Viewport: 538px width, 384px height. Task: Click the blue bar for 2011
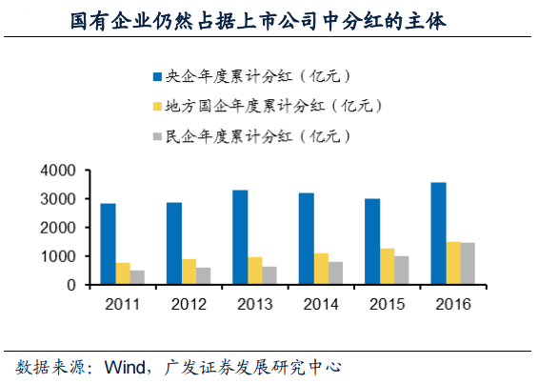tap(108, 244)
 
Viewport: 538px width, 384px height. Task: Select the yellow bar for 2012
tap(189, 272)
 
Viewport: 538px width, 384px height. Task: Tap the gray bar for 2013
tap(270, 274)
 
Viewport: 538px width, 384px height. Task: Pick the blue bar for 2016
tap(438, 233)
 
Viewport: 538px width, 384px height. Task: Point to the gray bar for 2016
tap(468, 264)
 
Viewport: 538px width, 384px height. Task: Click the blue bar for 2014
tap(307, 238)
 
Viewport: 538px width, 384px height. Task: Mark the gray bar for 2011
tap(138, 277)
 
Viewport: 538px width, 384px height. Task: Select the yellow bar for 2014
tap(322, 269)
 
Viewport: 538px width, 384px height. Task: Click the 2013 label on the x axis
tap(254, 306)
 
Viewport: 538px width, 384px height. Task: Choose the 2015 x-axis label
tap(387, 306)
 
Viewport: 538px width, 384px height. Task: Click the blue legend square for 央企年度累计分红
tap(157, 75)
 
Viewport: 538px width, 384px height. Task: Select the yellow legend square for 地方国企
tap(157, 106)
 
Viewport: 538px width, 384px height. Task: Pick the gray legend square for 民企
tap(157, 136)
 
